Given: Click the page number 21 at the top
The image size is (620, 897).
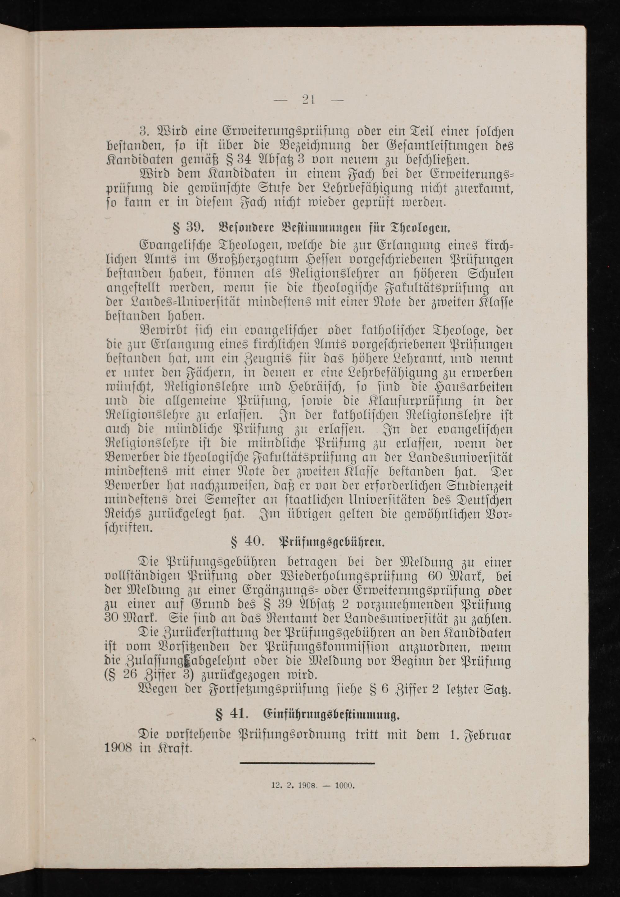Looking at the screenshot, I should tap(309, 100).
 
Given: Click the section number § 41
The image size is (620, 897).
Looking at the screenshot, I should tap(231, 714).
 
